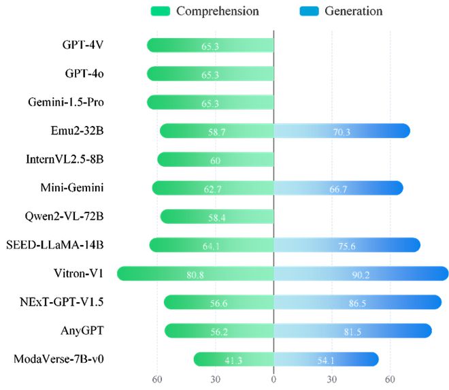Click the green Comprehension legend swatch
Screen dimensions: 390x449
pyautogui.click(x=161, y=11)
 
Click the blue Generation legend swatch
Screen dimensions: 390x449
pyautogui.click(x=310, y=11)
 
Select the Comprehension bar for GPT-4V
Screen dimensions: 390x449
pyautogui.click(x=210, y=45)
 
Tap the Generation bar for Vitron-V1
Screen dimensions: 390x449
pyautogui.click(x=361, y=274)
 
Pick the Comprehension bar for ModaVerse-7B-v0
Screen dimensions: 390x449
pyautogui.click(x=233, y=359)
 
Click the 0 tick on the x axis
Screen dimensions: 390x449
pyautogui.click(x=273, y=379)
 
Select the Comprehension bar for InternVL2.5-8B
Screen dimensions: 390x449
pyautogui.click(x=215, y=159)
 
